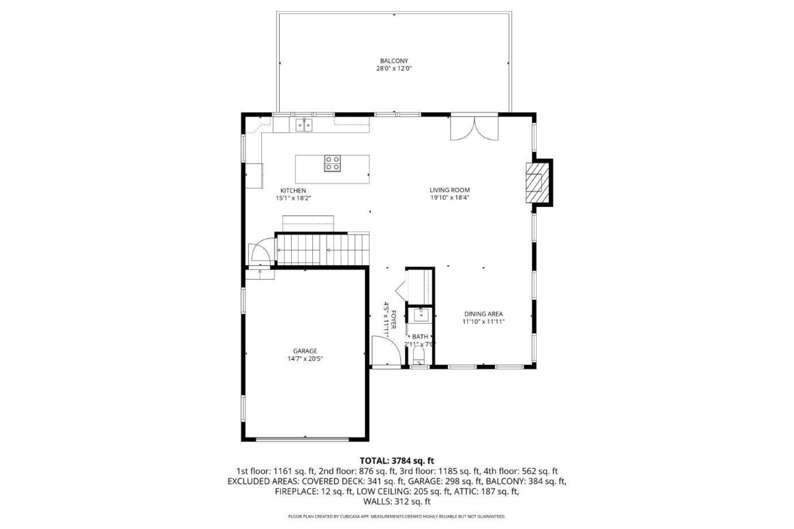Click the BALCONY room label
tap(394, 61)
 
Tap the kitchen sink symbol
tap(303, 125)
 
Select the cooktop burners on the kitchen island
tap(332, 163)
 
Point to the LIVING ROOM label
tap(449, 190)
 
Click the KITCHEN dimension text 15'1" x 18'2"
tap(293, 198)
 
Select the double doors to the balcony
tap(474, 128)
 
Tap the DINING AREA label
tap(483, 314)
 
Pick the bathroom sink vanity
tap(420, 316)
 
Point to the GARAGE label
tap(305, 351)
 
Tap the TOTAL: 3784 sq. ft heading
tap(397, 461)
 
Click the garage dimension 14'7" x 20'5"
tap(305, 359)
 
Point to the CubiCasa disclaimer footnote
tap(397, 516)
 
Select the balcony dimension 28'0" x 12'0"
tap(394, 69)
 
